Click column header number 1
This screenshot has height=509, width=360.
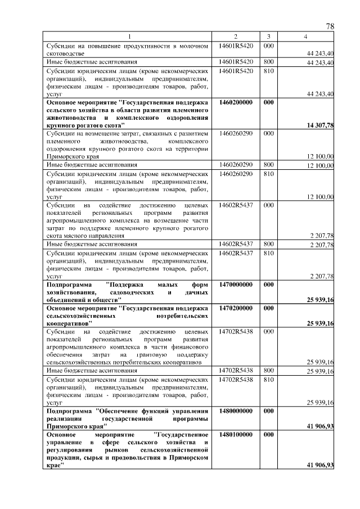129,37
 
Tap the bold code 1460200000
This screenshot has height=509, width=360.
236,103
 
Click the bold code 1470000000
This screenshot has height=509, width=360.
236,285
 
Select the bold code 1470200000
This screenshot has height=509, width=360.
236,308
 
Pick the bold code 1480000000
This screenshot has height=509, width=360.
236,411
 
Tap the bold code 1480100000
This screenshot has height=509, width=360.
236,435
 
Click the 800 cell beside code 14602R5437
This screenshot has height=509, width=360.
269,245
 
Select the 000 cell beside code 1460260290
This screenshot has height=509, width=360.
269,133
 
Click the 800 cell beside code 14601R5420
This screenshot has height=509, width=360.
269,61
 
